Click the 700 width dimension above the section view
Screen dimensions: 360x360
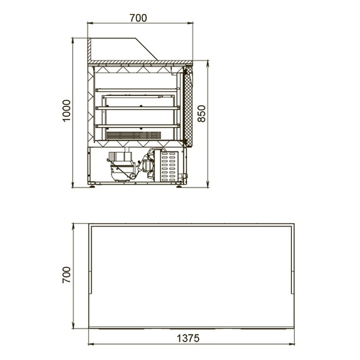138,18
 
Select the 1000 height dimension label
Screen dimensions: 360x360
66,111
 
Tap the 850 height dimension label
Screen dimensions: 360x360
202,114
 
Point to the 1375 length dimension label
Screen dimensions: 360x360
188,338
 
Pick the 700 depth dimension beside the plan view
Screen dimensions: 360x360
66,275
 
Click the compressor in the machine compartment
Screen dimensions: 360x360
121,167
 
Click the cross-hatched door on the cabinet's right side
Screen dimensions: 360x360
188,106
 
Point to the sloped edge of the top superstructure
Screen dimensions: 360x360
146,49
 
